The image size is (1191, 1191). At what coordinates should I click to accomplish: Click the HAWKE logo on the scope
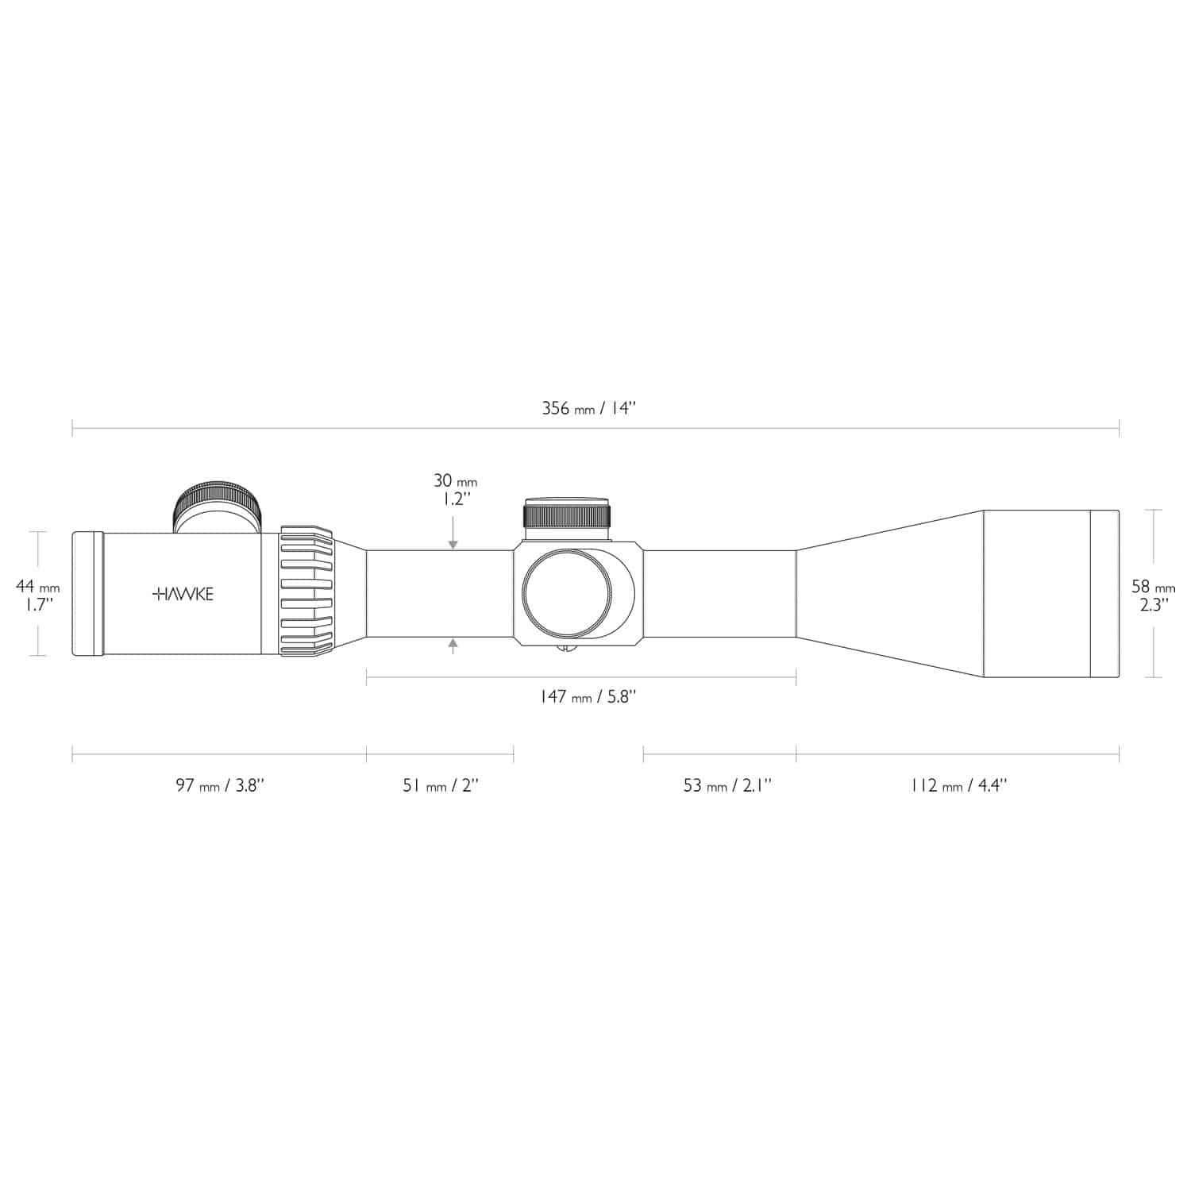(x=182, y=594)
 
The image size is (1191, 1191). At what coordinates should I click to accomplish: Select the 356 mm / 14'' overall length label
(x=589, y=409)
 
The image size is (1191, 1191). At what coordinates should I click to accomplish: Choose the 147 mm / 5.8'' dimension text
(x=588, y=696)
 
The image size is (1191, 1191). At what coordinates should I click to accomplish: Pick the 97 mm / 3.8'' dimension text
(x=220, y=785)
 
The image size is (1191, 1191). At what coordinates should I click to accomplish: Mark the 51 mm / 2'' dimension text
(x=441, y=785)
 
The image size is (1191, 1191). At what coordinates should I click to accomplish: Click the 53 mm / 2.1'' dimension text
(x=727, y=785)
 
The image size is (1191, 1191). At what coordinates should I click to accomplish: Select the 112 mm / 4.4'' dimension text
(x=958, y=785)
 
